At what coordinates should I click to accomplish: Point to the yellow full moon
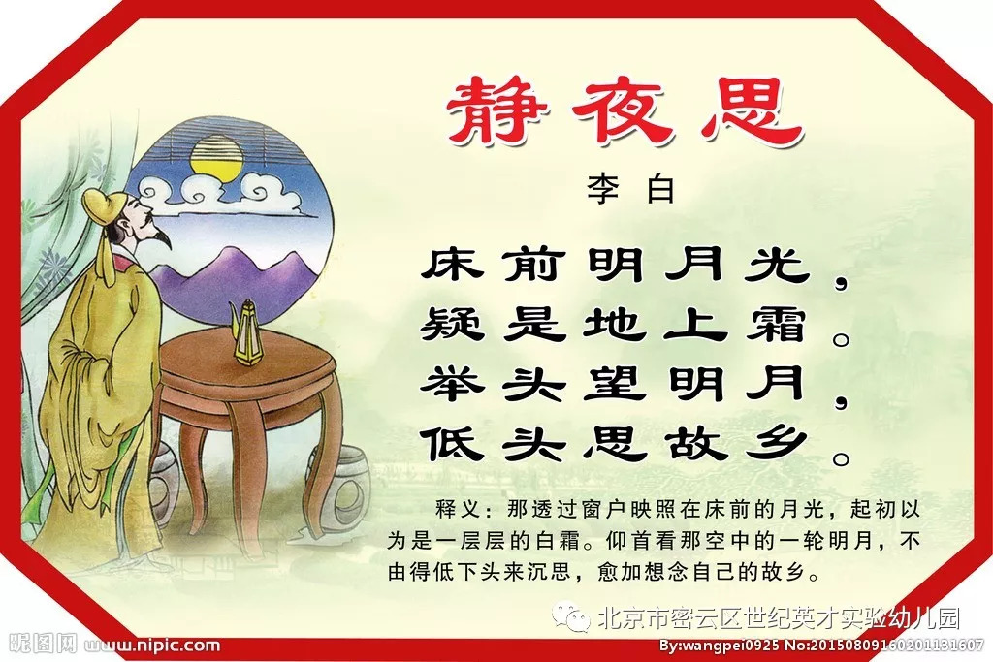click(x=217, y=158)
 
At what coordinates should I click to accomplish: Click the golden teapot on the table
click(x=247, y=332)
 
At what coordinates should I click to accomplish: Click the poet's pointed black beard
click(x=162, y=238)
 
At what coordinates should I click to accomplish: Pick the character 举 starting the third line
click(x=452, y=383)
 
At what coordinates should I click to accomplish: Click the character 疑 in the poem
click(x=452, y=324)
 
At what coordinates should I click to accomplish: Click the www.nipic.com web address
click(x=152, y=646)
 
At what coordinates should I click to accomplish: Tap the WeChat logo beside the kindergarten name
click(x=570, y=617)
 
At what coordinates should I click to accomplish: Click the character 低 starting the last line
click(x=452, y=443)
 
